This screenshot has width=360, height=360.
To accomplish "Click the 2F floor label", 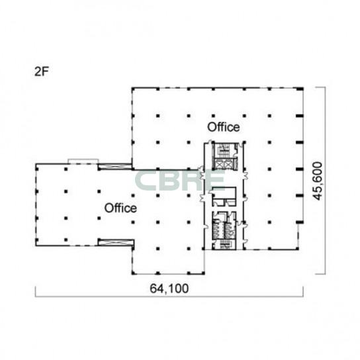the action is click(42, 71).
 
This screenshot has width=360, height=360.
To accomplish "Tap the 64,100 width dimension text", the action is click(169, 289).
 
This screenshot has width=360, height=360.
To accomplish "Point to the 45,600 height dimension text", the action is click(318, 181).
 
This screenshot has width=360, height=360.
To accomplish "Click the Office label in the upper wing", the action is click(224, 127).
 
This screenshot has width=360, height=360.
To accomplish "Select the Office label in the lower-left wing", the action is click(120, 208).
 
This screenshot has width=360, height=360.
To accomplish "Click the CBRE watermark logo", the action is click(180, 181).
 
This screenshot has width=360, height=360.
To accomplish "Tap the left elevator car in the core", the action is click(218, 163).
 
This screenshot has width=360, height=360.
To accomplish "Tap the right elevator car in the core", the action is click(227, 163).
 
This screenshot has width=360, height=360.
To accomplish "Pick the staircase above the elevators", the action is click(223, 150).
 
